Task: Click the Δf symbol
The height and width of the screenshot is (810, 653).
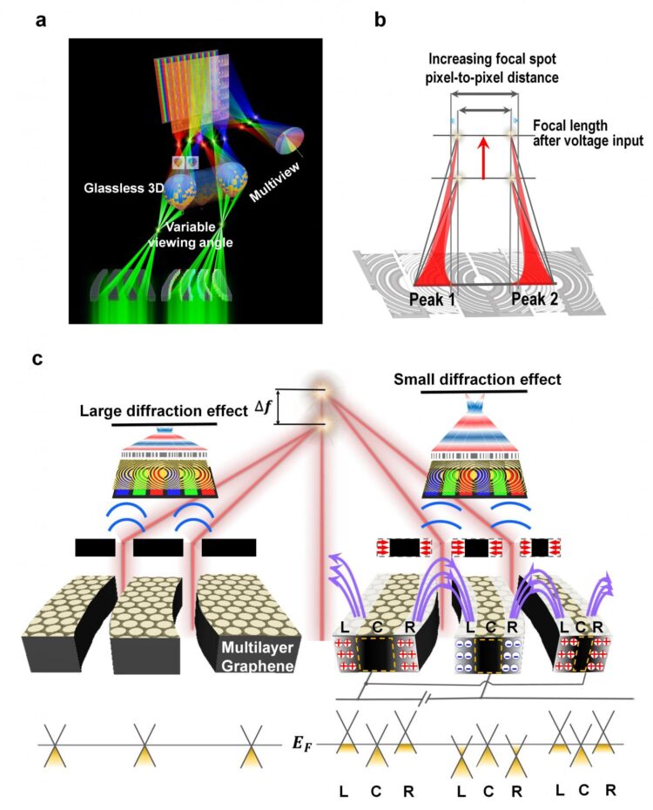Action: point(260,405)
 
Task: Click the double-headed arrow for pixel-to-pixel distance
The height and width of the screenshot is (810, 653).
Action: point(485,110)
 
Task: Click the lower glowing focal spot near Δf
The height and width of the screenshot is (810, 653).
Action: point(323,424)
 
